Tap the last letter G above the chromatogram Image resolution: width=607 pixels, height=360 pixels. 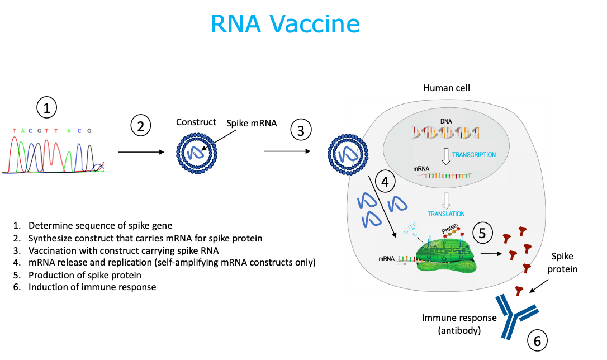pyautogui.click(x=89, y=131)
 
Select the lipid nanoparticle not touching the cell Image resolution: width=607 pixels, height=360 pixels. pyautogui.click(x=197, y=152)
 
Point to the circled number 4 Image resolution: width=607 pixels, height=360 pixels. pyautogui.click(x=385, y=181)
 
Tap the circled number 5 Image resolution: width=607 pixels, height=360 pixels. pyautogui.click(x=483, y=233)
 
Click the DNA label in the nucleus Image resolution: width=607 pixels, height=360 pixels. pyautogui.click(x=446, y=121)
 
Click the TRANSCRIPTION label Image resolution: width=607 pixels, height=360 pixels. pyautogui.click(x=473, y=155)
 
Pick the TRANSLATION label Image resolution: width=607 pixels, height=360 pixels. pyautogui.click(x=446, y=214)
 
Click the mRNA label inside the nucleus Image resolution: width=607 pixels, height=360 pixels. pyautogui.click(x=421, y=168)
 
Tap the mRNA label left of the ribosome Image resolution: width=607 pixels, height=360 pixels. pyautogui.click(x=387, y=259)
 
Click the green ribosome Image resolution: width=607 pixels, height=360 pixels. pyautogui.click(x=446, y=254)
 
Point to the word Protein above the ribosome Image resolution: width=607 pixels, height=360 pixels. pyautogui.click(x=450, y=229)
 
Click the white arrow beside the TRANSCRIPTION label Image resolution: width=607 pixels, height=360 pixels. pyautogui.click(x=446, y=157)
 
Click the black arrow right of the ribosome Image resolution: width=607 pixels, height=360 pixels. pyautogui.click(x=491, y=253)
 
